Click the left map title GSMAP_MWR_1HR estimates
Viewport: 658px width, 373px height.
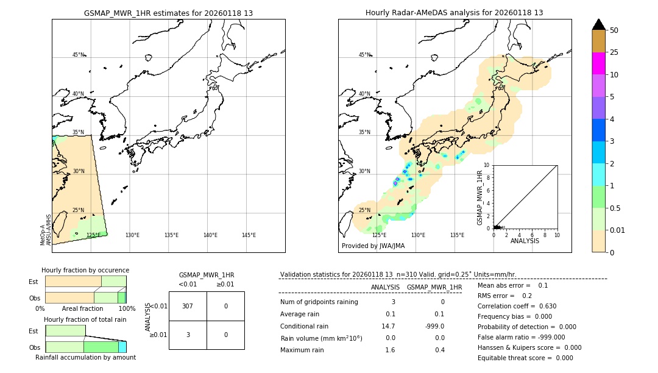pos(168,13)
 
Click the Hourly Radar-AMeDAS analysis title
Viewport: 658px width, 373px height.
pos(454,13)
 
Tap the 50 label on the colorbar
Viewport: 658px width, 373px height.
pos(614,30)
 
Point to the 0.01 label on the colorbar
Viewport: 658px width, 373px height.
pos(618,230)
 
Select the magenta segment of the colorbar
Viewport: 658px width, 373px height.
pos(598,63)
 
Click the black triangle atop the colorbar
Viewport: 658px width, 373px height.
pos(598,24)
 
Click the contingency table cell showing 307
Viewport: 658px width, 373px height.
pos(188,306)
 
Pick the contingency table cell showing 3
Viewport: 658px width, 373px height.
pos(188,335)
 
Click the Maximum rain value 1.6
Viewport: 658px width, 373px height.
pos(390,350)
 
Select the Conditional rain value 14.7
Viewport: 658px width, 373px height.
pos(388,326)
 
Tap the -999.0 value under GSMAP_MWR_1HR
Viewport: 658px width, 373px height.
pos(434,326)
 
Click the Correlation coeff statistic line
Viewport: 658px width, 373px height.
pos(517,306)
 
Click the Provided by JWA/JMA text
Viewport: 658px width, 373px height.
pos(373,246)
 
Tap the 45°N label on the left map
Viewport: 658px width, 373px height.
pos(79,55)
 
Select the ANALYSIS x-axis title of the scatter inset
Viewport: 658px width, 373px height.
pos(525,241)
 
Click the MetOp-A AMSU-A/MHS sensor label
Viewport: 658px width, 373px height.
pos(46,230)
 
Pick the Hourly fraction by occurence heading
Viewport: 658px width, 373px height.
pos(85,270)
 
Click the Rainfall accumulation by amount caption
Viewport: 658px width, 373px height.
pos(85,357)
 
